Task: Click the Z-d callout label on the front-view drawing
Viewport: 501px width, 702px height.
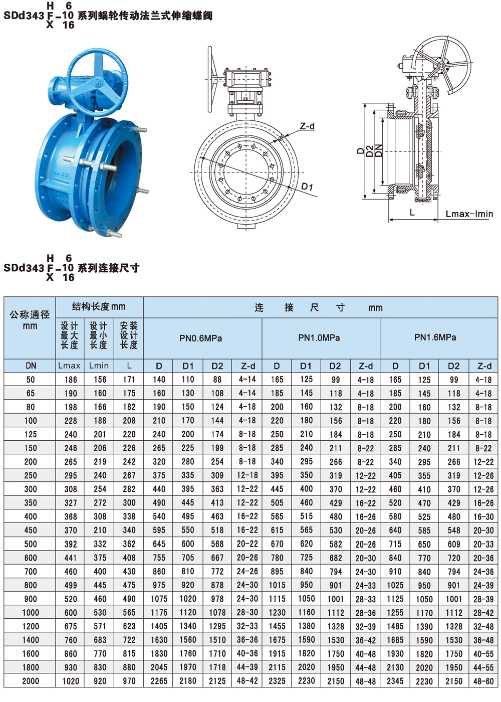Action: (307, 126)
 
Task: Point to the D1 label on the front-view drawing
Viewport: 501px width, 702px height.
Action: (307, 187)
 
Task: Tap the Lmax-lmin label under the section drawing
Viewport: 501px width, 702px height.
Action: (469, 214)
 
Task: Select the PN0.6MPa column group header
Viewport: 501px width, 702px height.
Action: (201, 338)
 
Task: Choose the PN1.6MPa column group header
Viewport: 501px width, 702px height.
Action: (435, 337)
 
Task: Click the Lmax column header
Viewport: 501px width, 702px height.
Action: (69, 366)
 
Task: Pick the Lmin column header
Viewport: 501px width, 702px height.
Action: (99, 366)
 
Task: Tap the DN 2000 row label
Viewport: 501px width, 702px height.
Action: (31, 681)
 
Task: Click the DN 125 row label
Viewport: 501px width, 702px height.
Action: (31, 434)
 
